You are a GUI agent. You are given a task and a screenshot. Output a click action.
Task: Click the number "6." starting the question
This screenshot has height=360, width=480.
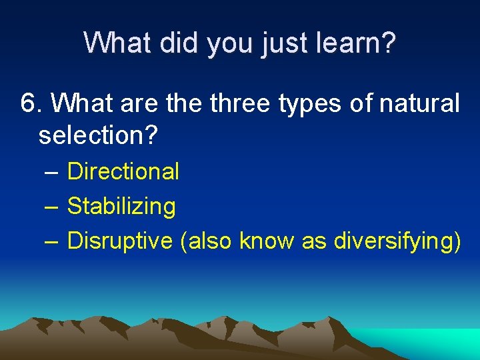pyautogui.click(x=32, y=103)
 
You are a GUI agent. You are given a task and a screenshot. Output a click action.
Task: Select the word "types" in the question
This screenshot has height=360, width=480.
pyautogui.click(x=320, y=105)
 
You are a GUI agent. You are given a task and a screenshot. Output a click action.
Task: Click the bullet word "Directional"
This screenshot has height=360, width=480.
pyautogui.click(x=123, y=171)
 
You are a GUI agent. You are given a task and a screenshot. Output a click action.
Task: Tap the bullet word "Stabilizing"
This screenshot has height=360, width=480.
pyautogui.click(x=121, y=207)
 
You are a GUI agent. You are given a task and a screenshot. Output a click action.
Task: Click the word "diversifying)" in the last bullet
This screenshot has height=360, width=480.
pyautogui.click(x=397, y=241)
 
